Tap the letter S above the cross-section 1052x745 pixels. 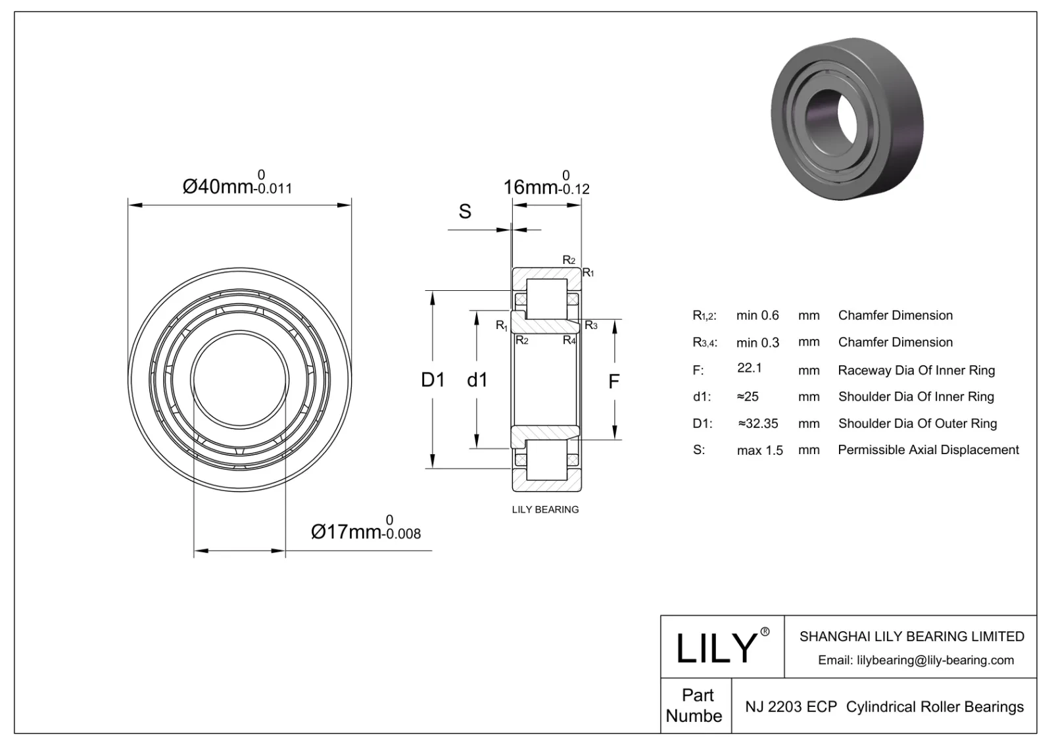tap(465, 211)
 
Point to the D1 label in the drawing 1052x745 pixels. tap(433, 380)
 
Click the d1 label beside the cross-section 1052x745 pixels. tap(477, 380)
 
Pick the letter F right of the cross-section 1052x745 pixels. tap(613, 381)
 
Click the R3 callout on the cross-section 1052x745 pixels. tap(591, 325)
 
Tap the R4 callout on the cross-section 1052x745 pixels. tap(569, 340)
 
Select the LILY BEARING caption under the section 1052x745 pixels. tap(545, 509)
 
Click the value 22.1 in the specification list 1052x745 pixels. tap(750, 368)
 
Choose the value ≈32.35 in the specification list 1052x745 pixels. tap(757, 424)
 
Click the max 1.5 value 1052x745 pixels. tap(759, 450)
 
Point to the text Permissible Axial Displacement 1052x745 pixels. tap(928, 450)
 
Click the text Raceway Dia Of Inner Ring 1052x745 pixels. tap(916, 370)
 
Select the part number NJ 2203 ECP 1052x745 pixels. tap(790, 707)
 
